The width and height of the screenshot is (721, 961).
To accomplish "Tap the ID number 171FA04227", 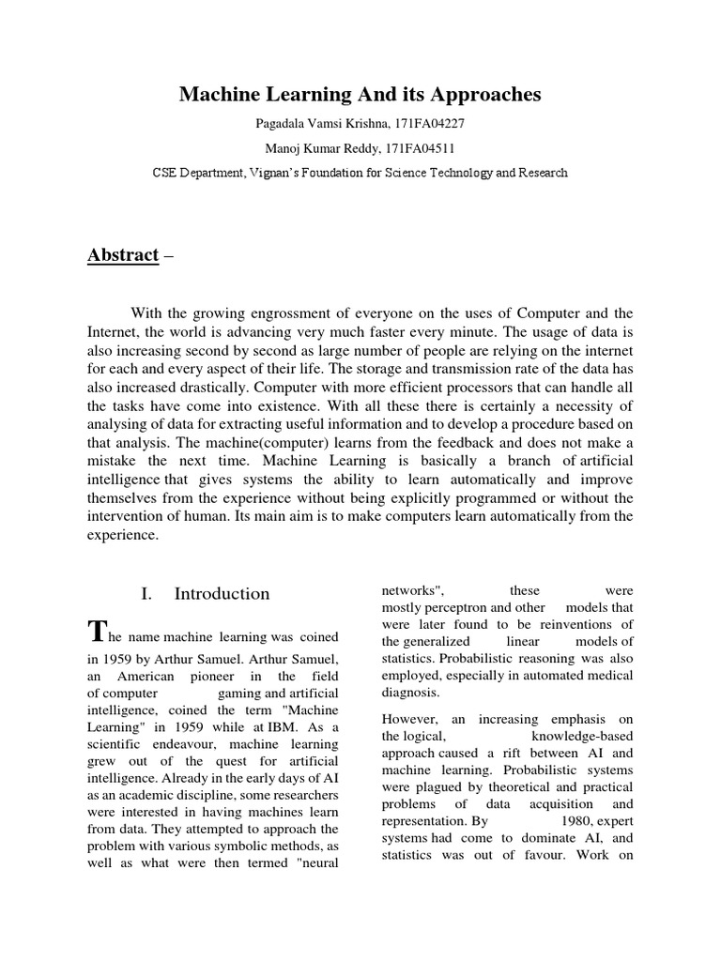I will pos(431,123).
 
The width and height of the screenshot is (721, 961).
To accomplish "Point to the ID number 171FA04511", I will pos(431,147).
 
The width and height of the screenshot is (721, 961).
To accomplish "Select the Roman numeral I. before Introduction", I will pos(146,594).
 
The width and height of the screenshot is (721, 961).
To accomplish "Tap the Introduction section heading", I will pos(222,594).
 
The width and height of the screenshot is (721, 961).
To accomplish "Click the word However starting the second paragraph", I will pos(409,719).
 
